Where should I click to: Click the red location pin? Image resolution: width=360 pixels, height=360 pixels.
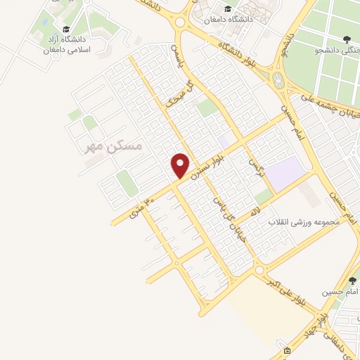pyautogui.click(x=181, y=165)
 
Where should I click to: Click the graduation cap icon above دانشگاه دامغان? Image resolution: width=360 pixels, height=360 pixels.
pyautogui.click(x=227, y=9)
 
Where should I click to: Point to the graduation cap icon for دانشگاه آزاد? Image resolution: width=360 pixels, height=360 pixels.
pyautogui.click(x=66, y=30)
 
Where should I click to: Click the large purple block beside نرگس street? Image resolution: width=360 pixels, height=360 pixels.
pyautogui.click(x=285, y=173)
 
